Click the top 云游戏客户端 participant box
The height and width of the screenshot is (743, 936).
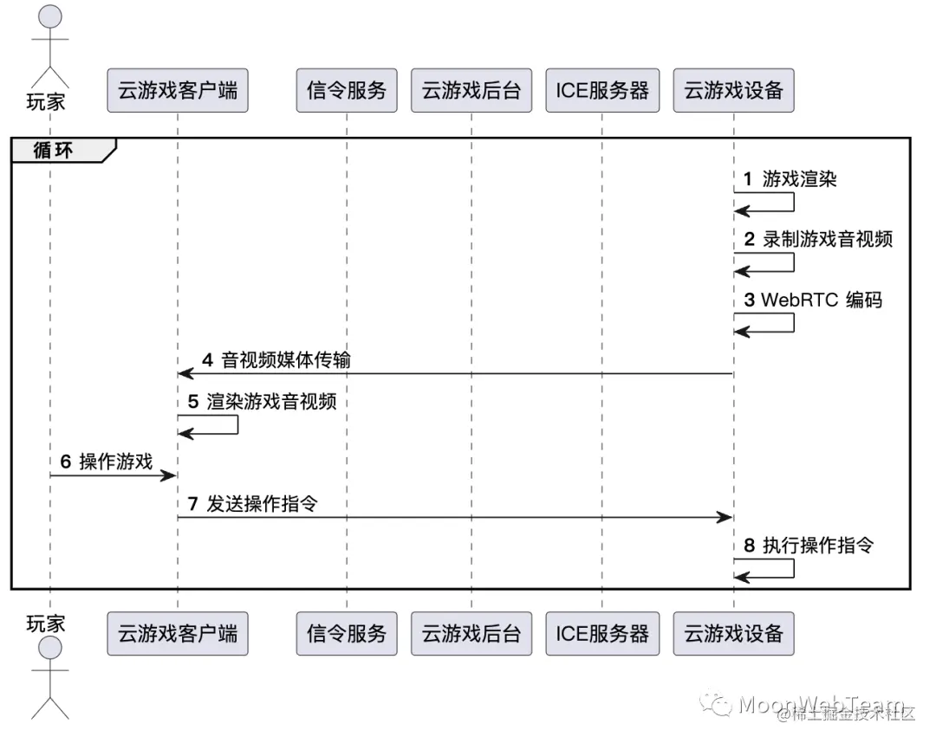(x=178, y=90)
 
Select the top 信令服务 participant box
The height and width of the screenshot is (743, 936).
(x=347, y=90)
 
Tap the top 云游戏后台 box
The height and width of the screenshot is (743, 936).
(x=471, y=90)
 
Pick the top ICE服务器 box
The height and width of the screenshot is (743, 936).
(x=602, y=90)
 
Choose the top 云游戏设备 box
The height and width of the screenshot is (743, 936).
(x=733, y=90)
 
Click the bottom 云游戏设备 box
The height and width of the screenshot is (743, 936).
(x=733, y=633)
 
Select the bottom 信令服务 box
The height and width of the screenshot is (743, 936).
(x=347, y=633)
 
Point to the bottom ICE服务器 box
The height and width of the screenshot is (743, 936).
(x=602, y=633)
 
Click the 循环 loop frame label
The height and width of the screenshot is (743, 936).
(x=54, y=149)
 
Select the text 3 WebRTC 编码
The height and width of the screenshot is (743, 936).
(x=812, y=300)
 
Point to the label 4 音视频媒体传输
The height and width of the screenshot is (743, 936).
(x=276, y=359)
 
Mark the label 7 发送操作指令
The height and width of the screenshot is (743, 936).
(x=252, y=504)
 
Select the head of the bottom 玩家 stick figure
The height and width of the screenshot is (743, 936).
(x=50, y=649)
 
